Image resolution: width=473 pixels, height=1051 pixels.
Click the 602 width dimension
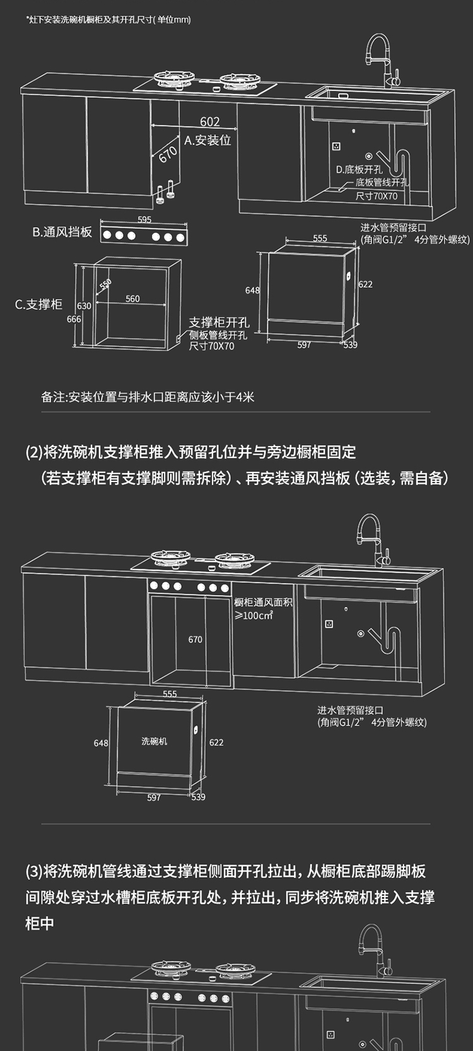[x=210, y=122]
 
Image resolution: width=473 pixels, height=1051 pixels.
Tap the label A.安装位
[x=207, y=141]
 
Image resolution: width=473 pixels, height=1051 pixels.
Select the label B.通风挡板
[x=62, y=232]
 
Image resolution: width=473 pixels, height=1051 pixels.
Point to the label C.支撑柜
[x=39, y=305]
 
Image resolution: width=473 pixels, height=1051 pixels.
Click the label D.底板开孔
[x=359, y=170]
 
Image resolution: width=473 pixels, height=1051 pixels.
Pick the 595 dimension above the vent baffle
[x=144, y=220]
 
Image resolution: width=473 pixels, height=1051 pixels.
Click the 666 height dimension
[x=74, y=319]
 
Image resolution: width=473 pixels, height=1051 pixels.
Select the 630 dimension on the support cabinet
[x=84, y=306]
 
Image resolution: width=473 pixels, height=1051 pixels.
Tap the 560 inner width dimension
[x=132, y=299]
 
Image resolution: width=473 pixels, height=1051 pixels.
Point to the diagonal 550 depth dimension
[x=105, y=285]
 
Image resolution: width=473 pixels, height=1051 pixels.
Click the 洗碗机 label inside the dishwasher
[x=155, y=741]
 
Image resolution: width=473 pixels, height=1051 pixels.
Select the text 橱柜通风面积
[x=263, y=602]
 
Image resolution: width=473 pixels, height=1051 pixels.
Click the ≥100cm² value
[x=254, y=615]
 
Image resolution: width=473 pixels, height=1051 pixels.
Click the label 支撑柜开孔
[x=219, y=323]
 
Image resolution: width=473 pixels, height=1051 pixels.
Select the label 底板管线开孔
[x=382, y=182]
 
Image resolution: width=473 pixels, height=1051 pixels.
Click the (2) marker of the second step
[x=33, y=452]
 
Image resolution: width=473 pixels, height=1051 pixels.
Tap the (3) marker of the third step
[x=33, y=872]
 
